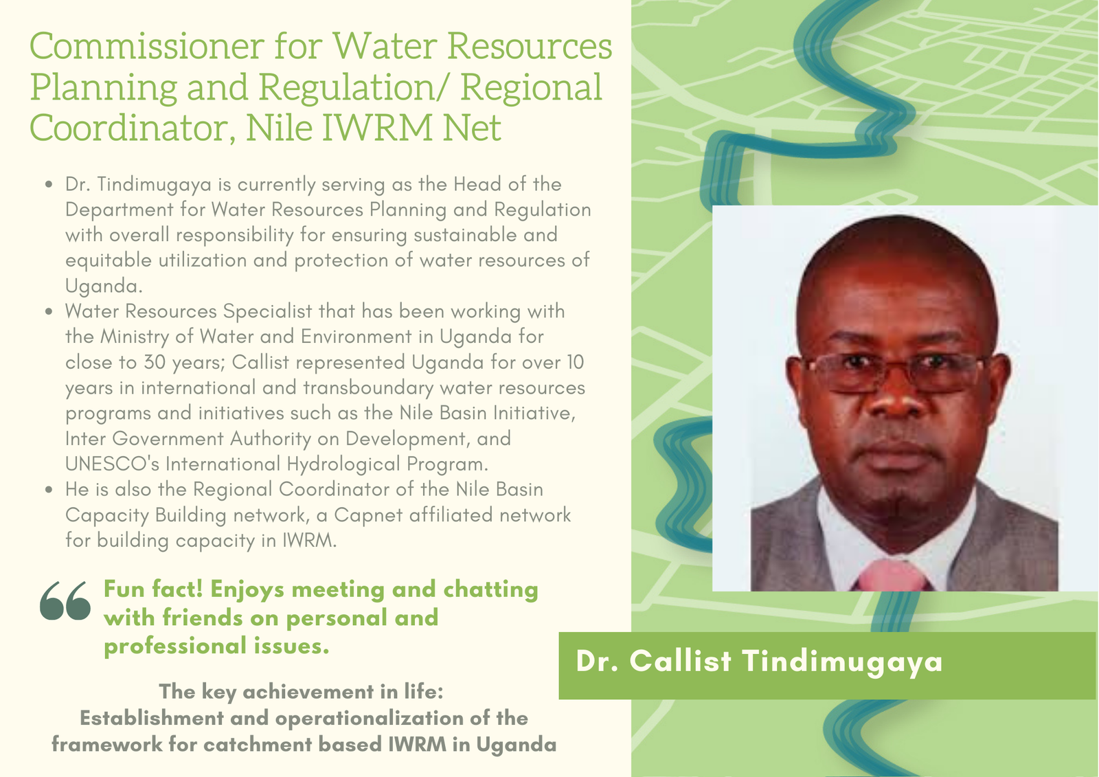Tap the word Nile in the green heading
click(279, 127)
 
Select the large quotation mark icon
click(65, 600)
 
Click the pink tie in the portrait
click(894, 575)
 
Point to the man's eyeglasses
click(894, 373)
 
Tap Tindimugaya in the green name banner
click(842, 663)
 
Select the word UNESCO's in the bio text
click(113, 463)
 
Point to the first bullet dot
click(49, 185)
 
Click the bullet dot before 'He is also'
click(49, 489)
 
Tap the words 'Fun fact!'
click(153, 589)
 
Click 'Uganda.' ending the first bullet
click(104, 286)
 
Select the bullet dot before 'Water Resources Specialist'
click(49, 312)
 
